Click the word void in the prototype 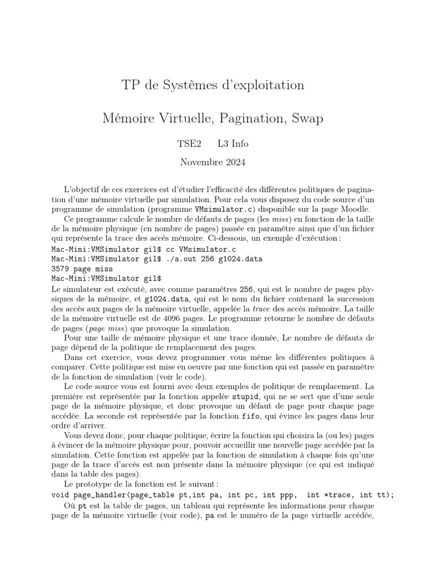[62, 495]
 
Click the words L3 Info [234, 144]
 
